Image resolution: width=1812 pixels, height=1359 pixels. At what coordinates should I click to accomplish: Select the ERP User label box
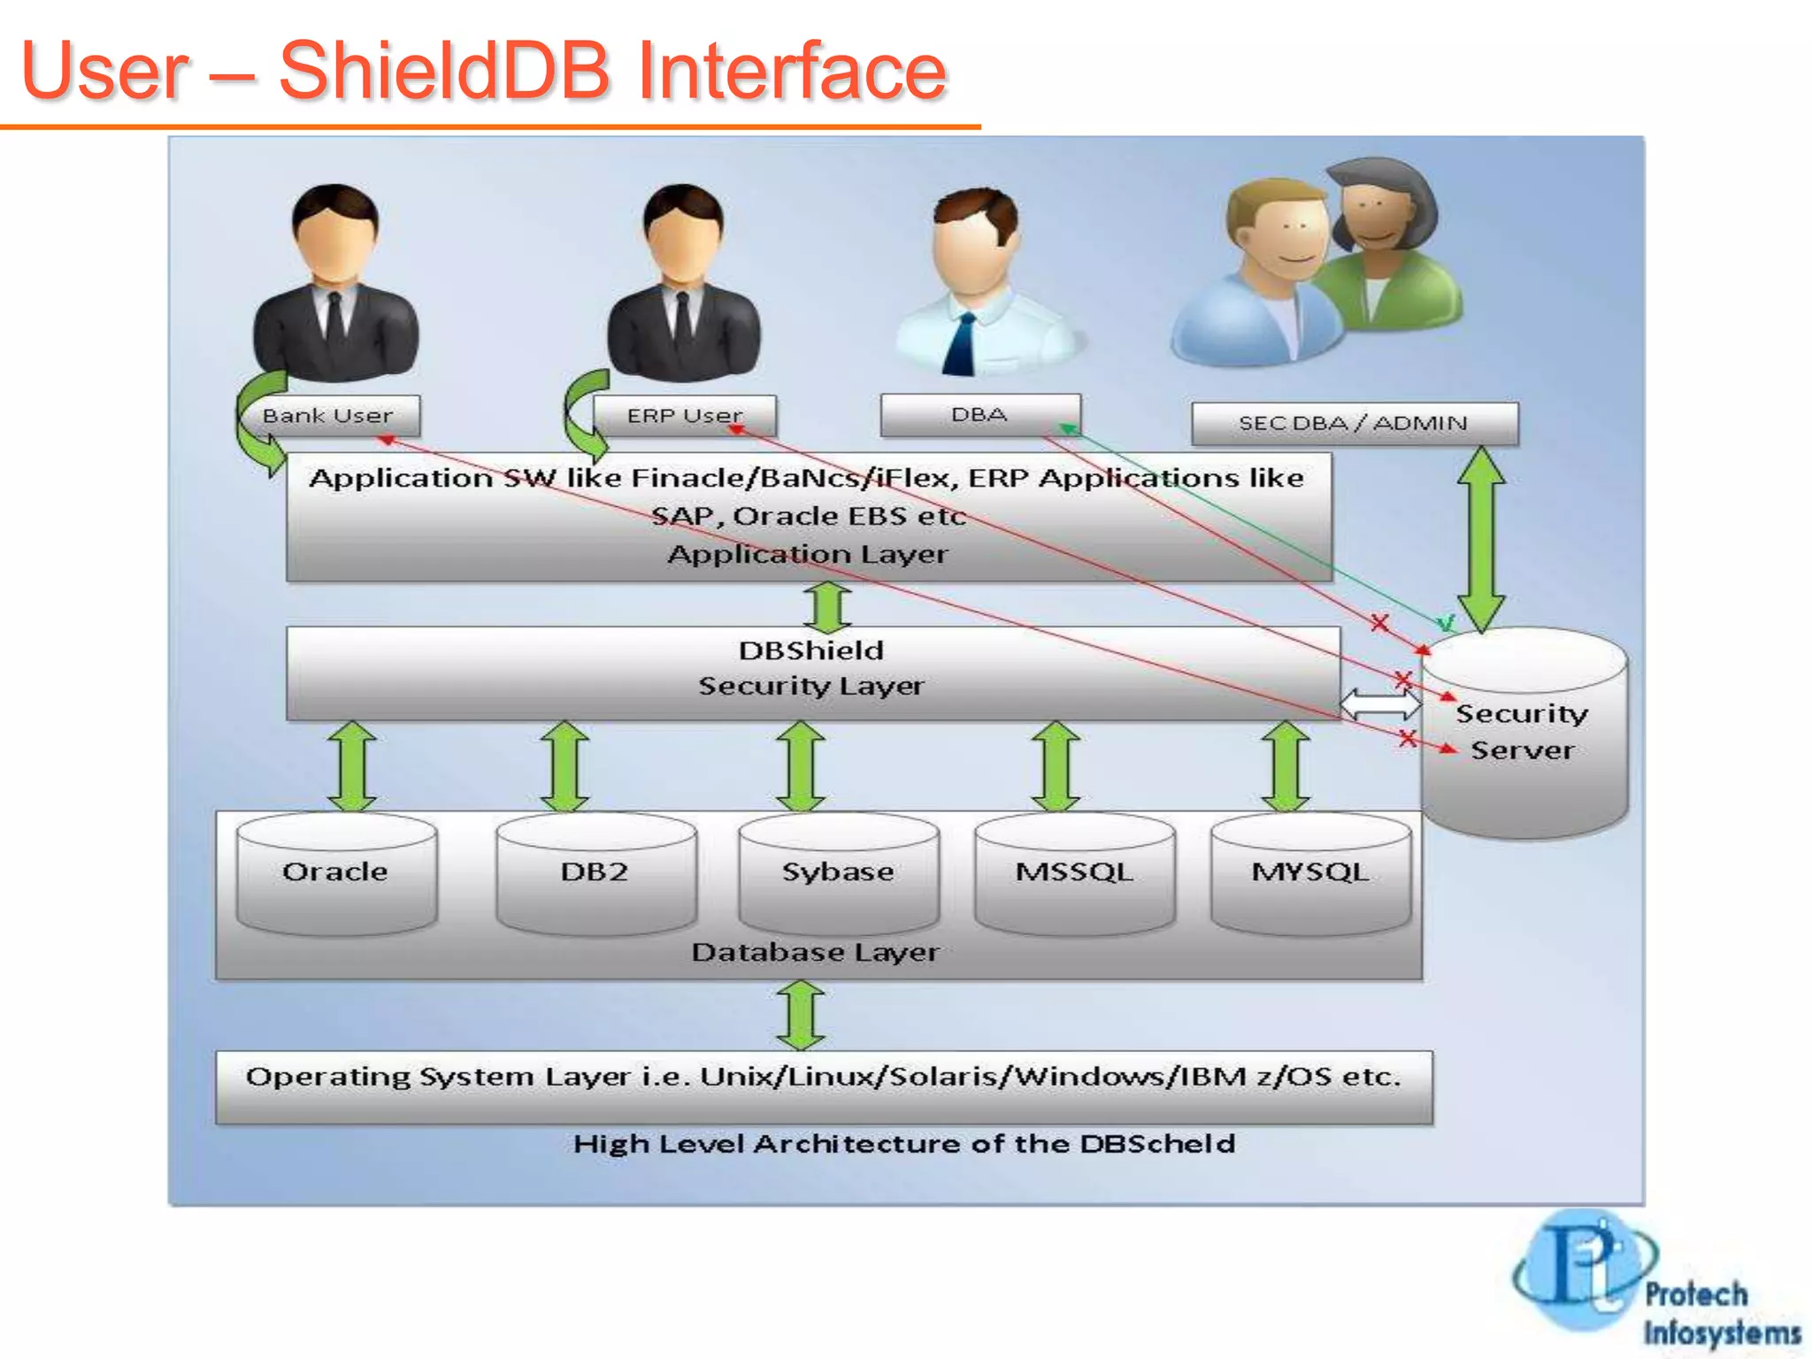684,415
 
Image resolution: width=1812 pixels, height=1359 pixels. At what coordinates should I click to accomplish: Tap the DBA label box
979,414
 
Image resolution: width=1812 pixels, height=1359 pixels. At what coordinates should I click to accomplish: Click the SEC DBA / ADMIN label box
1354,423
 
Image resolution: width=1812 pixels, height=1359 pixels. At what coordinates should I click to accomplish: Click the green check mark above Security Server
1446,623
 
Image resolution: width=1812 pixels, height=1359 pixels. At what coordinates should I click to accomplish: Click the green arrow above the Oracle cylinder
352,765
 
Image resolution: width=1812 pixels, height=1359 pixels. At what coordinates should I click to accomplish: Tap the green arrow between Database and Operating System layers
801,1015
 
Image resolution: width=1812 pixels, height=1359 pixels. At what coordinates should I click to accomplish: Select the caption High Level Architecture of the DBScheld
903,1144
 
